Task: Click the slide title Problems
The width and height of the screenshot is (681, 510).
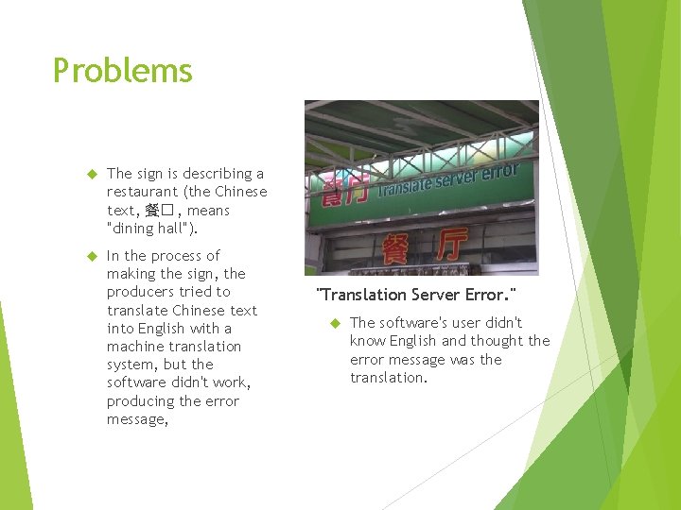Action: click(x=122, y=71)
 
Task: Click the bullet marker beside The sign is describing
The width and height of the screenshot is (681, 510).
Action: click(x=93, y=175)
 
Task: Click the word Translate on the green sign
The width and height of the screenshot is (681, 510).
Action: click(x=402, y=186)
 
